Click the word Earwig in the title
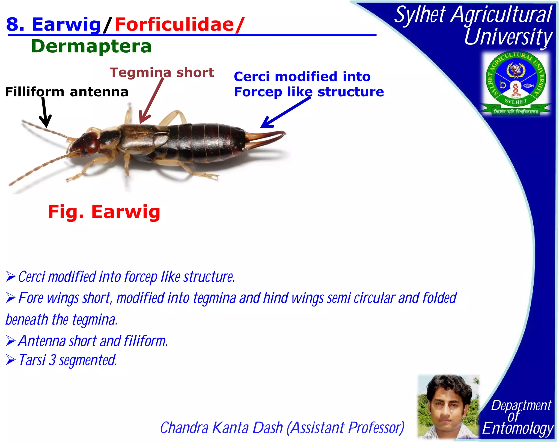tap(66, 25)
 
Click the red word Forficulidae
tap(174, 25)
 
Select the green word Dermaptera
tap(91, 46)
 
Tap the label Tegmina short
tap(162, 73)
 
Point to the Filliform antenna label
tap(67, 92)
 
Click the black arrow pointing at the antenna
tap(44, 113)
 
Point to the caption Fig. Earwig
tap(104, 212)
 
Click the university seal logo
tap(516, 83)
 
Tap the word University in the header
tap(508, 37)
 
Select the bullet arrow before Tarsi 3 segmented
tap(11, 360)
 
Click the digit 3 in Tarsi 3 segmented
tap(53, 360)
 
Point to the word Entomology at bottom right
tap(518, 428)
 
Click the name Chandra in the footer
tap(184, 428)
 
